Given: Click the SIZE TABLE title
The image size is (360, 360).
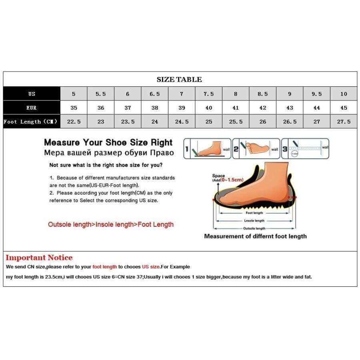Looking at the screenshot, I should pyautogui.click(x=179, y=79).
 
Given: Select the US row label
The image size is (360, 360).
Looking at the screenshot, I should pyautogui.click(x=32, y=94).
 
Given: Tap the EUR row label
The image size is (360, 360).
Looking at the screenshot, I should pyautogui.click(x=32, y=108).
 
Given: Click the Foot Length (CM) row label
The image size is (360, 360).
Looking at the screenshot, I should pyautogui.click(x=31, y=122).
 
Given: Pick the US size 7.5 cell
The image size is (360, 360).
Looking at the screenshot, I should pyautogui.click(x=208, y=94).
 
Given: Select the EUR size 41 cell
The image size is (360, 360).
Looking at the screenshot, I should pyautogui.click(x=236, y=108).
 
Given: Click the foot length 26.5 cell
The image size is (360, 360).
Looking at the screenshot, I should pyautogui.click(x=290, y=122).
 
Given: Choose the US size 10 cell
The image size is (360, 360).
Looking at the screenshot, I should pyautogui.click(x=344, y=94).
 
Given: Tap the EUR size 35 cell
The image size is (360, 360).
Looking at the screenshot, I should pyautogui.click(x=74, y=108).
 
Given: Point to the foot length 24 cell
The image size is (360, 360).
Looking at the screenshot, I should pyautogui.click(x=154, y=122).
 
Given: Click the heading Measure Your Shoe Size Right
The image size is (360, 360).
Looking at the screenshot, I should pyautogui.click(x=108, y=142).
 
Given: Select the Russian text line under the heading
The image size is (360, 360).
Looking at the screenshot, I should pyautogui.click(x=108, y=152).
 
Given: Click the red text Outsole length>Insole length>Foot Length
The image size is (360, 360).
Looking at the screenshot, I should pyautogui.click(x=111, y=224).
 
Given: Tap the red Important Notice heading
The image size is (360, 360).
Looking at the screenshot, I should pyautogui.click(x=39, y=258).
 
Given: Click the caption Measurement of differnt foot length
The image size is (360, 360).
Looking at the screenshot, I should pyautogui.click(x=255, y=236).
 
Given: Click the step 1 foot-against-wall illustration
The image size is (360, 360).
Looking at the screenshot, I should pyautogui.click(x=207, y=148).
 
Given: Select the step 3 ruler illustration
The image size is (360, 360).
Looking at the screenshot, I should pyautogui.click(x=305, y=148).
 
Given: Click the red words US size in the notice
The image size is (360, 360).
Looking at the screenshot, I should pyautogui.click(x=150, y=267).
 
